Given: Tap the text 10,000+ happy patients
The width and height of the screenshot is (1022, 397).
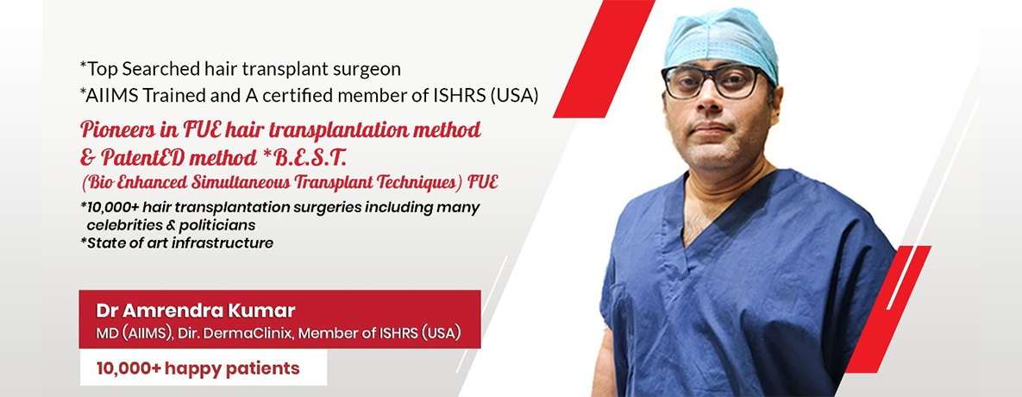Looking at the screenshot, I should pyautogui.click(x=198, y=369).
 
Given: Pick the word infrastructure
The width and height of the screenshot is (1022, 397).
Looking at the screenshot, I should pyautogui.click(x=228, y=243).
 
